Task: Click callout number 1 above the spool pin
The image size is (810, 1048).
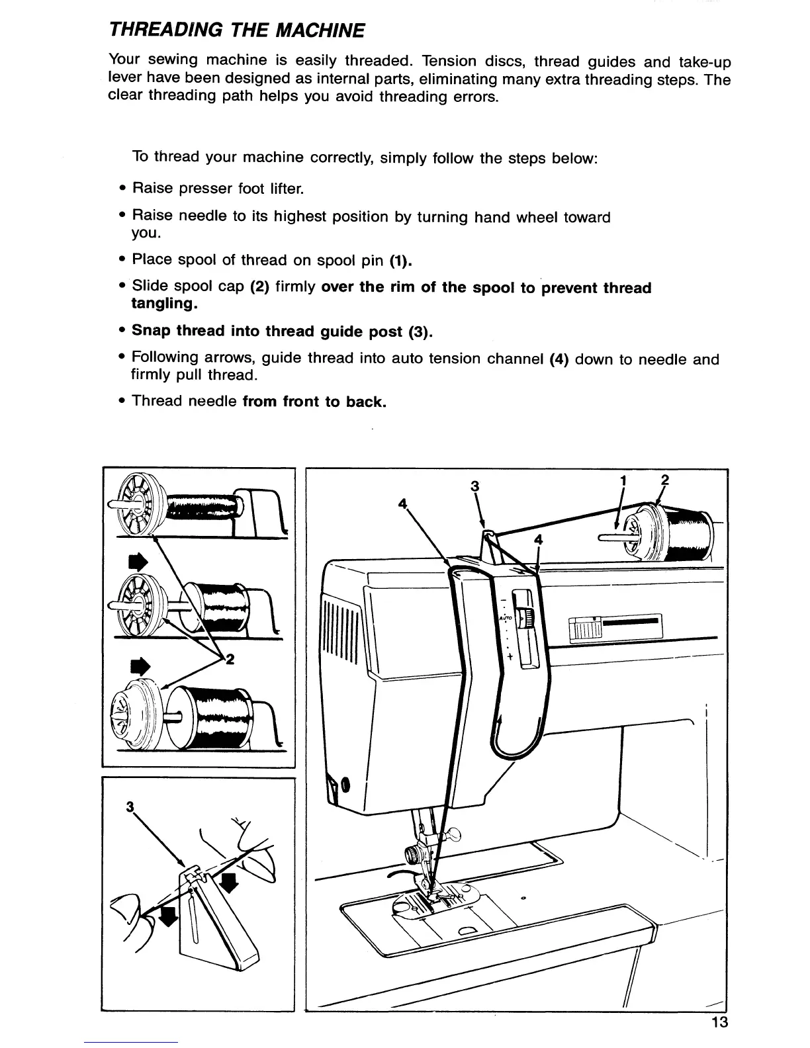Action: pyautogui.click(x=623, y=481)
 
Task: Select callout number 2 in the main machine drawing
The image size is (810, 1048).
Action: pyautogui.click(x=665, y=481)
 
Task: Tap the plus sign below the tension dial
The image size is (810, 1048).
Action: pyautogui.click(x=510, y=657)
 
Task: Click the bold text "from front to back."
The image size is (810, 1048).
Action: pyautogui.click(x=314, y=402)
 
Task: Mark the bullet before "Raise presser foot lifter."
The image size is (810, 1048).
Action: pyautogui.click(x=123, y=189)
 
